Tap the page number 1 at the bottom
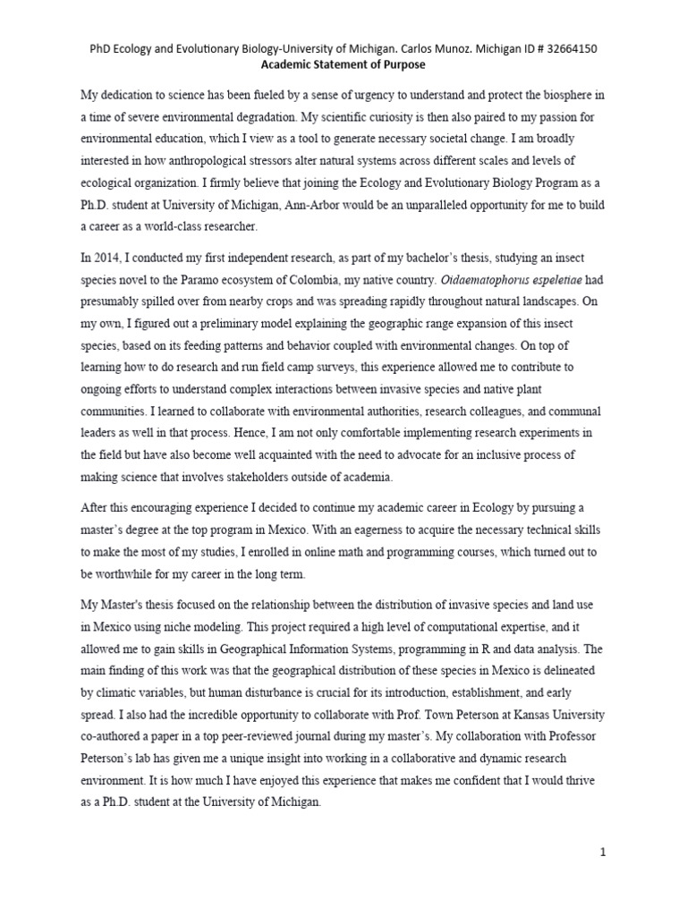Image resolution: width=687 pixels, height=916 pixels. [603, 852]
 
